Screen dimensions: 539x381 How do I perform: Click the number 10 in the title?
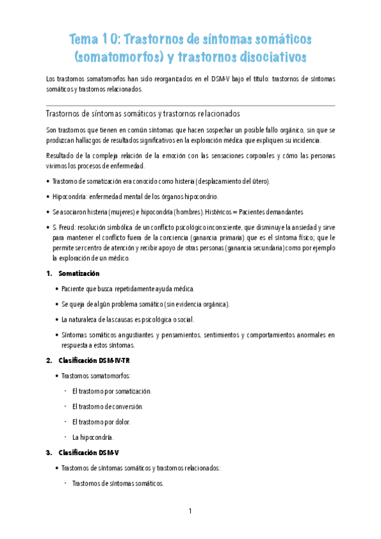110,40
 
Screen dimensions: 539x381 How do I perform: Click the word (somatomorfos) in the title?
119,58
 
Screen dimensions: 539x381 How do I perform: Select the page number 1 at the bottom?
190,510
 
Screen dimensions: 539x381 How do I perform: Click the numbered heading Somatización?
79,273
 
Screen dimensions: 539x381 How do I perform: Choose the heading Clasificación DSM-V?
91,453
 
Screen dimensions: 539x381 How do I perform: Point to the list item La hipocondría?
93,437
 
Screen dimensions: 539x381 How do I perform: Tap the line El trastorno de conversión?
107,406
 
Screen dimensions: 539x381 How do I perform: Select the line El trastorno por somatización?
112,391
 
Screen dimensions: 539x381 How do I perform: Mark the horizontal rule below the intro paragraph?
190,106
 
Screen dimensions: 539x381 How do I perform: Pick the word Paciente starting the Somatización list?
74,289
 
